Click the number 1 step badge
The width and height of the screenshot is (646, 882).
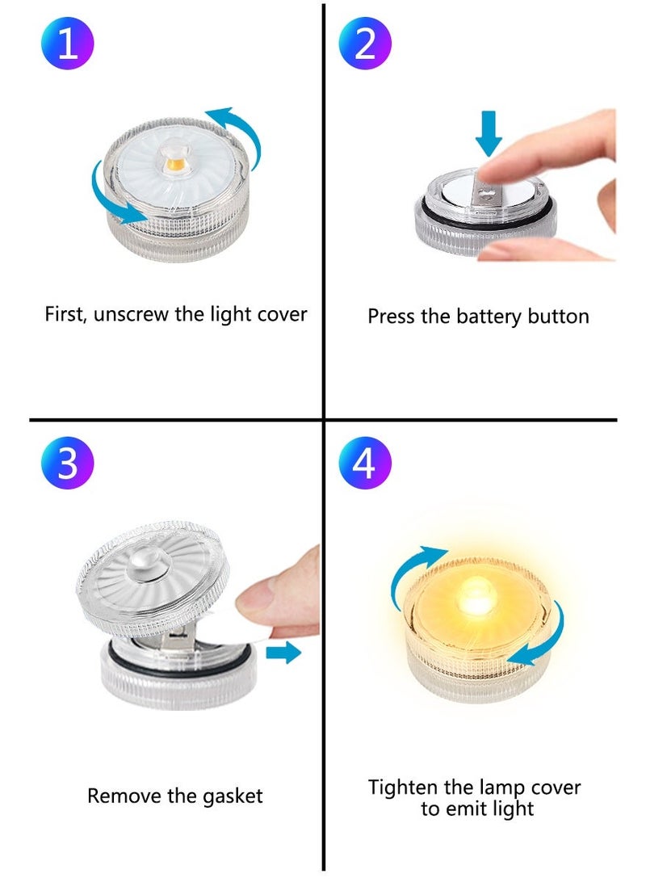68,44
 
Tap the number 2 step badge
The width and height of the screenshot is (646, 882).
365,44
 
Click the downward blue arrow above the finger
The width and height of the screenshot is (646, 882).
489,134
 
